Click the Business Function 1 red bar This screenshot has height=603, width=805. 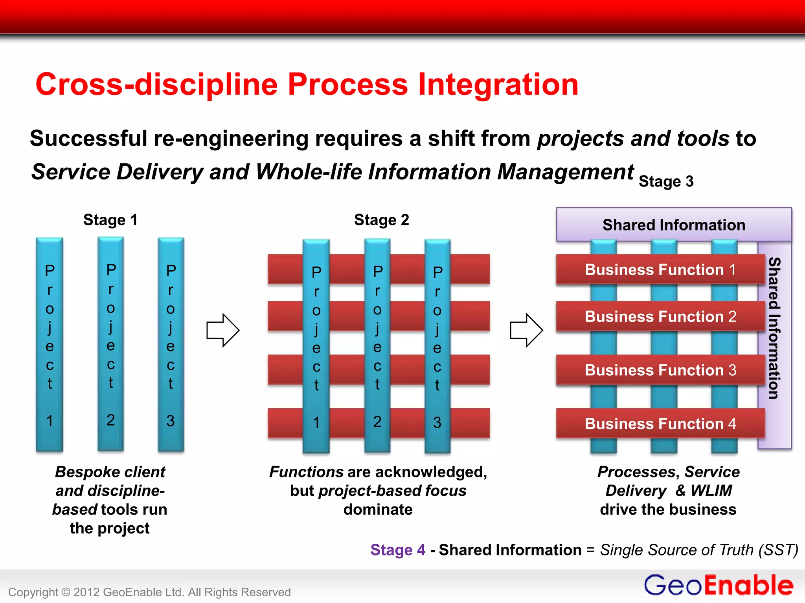coord(660,270)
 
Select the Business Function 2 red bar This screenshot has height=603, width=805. coord(660,316)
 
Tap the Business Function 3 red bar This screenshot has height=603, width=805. coord(660,370)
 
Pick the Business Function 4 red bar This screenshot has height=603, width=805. coord(660,424)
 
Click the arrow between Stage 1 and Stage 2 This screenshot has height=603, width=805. coord(223,330)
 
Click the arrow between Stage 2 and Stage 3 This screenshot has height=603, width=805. coord(526,330)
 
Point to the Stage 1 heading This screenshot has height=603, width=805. coord(110,220)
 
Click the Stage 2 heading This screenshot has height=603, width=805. coord(381,220)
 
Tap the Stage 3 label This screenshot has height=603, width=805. coord(666,181)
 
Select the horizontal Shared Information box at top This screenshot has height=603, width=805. coord(674,225)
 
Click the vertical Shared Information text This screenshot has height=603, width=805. coord(774,328)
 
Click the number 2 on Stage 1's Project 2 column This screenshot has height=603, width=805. coord(111,420)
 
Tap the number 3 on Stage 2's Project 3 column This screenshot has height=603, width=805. coord(437,422)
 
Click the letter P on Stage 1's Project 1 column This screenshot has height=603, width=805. coord(50,270)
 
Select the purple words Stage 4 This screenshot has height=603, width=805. coord(398,550)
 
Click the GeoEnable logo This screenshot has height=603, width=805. coord(718,585)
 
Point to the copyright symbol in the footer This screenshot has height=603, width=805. coord(66,592)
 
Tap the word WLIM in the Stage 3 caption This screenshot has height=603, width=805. coord(711,490)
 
